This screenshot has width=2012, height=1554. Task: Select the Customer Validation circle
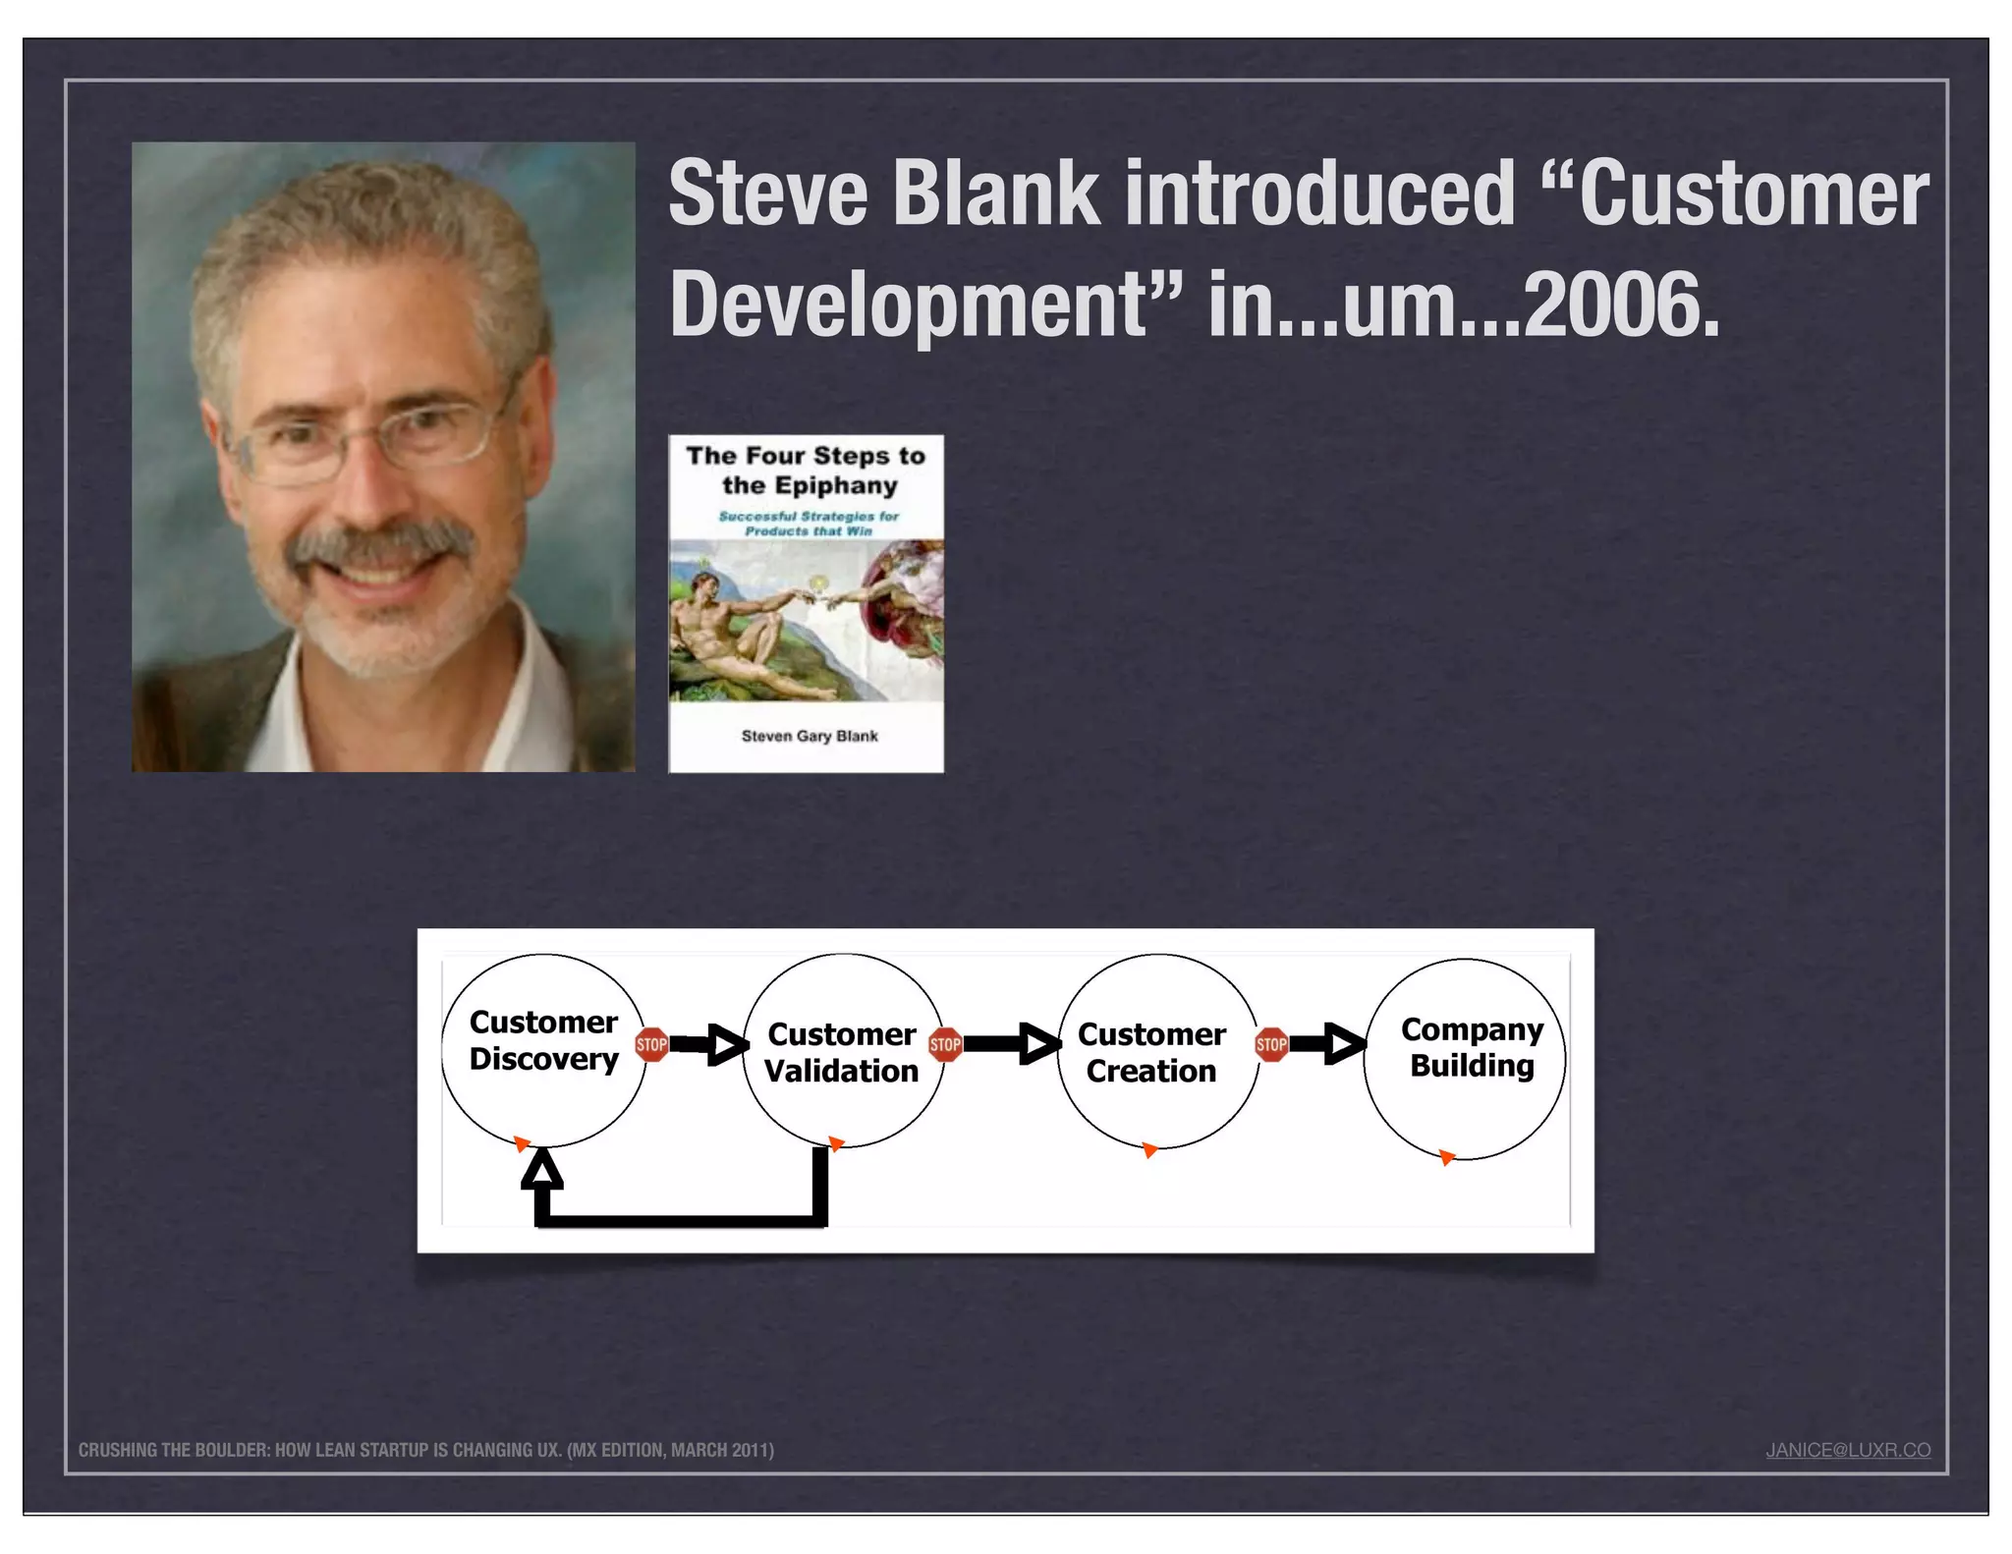(x=842, y=1051)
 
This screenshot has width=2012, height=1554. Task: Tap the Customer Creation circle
(x=1156, y=1051)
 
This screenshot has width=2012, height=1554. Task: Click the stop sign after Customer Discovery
(x=651, y=1044)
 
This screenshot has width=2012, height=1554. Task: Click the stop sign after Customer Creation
(x=1271, y=1044)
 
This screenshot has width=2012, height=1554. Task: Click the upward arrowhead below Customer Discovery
(x=541, y=1171)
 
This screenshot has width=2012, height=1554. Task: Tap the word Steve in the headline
(x=767, y=194)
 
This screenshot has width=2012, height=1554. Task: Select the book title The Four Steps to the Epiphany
(x=806, y=470)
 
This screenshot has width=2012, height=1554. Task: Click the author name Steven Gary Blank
(x=809, y=736)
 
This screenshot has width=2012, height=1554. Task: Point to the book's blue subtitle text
(x=808, y=523)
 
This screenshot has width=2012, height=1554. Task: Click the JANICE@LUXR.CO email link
(x=1847, y=1450)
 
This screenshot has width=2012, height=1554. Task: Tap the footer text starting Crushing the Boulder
(x=425, y=1450)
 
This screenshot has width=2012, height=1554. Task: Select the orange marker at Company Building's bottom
(x=1446, y=1157)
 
